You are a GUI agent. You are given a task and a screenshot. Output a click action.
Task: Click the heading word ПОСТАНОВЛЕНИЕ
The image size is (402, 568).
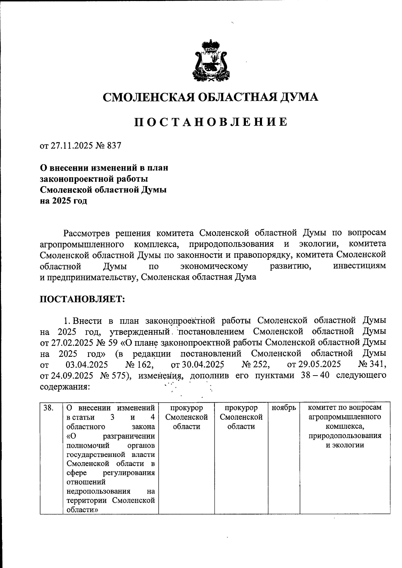click(x=211, y=122)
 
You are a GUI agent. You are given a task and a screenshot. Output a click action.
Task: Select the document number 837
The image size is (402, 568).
click(x=114, y=146)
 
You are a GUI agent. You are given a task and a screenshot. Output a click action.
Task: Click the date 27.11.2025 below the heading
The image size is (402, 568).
click(x=71, y=146)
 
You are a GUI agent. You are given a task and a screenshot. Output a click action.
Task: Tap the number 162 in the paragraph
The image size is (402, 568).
click(x=145, y=364)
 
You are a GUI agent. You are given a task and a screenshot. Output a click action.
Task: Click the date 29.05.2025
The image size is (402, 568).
click(x=319, y=364)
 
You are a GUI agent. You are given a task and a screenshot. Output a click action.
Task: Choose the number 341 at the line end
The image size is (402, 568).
click(x=378, y=364)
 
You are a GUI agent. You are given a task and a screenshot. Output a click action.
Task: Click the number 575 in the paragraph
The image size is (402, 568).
click(x=119, y=376)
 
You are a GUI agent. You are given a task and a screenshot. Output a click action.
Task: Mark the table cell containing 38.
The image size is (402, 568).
click(x=49, y=408)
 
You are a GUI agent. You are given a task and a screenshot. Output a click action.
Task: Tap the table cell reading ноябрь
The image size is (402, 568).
click(x=283, y=408)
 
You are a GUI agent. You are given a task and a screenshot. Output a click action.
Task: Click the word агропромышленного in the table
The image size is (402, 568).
click(x=345, y=417)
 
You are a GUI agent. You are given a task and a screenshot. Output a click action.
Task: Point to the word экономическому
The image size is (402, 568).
click(x=214, y=266)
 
